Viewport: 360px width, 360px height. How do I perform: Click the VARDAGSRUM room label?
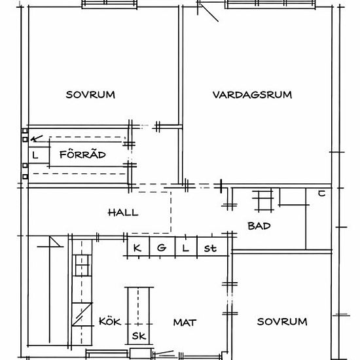[x=252, y=95]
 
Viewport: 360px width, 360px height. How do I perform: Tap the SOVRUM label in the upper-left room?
[x=90, y=95]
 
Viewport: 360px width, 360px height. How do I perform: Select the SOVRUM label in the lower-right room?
[x=282, y=321]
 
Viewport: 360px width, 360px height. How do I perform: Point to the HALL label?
[x=123, y=213]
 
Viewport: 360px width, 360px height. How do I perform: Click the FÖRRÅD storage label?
[x=82, y=154]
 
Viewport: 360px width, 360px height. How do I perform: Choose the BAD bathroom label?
[x=259, y=226]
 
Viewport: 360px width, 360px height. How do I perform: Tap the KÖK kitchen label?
[x=110, y=321]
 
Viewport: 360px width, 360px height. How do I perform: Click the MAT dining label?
[x=185, y=323]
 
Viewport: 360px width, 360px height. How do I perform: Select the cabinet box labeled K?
[x=139, y=246]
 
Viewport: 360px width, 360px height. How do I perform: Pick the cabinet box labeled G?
[x=162, y=246]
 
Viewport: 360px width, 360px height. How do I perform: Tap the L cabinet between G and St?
[x=186, y=246]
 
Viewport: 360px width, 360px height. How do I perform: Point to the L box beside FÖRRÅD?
[x=39, y=155]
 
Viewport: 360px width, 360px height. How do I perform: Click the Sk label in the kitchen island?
[x=139, y=336]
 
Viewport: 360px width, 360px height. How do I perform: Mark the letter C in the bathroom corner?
[x=321, y=194]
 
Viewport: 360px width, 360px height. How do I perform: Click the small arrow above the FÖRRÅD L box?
[x=37, y=138]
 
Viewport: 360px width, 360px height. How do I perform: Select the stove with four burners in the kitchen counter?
[x=82, y=265]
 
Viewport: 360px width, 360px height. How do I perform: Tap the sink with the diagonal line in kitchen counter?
[x=82, y=314]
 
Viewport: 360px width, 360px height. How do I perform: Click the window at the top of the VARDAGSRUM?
[x=271, y=4]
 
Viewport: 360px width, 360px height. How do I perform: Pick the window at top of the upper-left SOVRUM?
[x=109, y=4]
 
